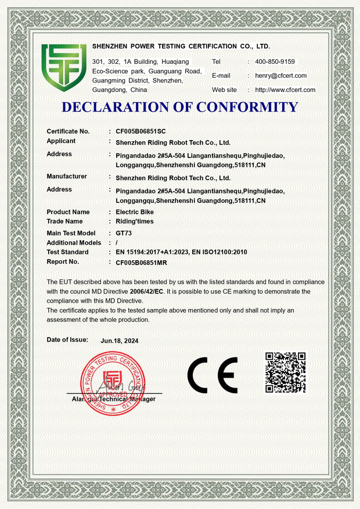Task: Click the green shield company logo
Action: click(64, 67)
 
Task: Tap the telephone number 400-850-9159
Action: click(275, 62)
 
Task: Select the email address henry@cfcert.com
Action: click(281, 76)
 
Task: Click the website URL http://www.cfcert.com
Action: click(285, 89)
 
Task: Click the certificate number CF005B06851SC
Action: click(141, 131)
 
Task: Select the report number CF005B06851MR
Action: click(142, 263)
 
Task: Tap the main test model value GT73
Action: click(124, 233)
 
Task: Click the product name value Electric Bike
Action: click(135, 212)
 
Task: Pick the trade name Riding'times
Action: click(135, 221)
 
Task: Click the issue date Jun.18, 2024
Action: click(120, 341)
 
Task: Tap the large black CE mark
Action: click(212, 375)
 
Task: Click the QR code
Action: click(285, 372)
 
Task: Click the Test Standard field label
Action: click(67, 252)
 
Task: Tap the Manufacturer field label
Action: click(67, 176)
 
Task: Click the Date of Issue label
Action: click(67, 339)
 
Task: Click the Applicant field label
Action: click(61, 141)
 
